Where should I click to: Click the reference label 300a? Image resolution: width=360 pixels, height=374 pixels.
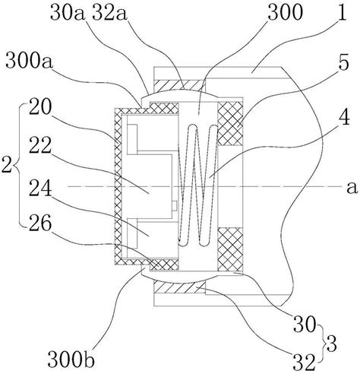[x=30, y=61]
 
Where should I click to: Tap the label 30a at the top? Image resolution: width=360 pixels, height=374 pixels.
[x=67, y=13]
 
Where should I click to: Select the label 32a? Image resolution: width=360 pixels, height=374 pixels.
[x=109, y=13]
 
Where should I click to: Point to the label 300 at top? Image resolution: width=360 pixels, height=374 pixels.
[x=285, y=12]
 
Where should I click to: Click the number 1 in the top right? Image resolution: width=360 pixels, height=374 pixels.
[x=342, y=12]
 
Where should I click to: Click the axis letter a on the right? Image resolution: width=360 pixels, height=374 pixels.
[x=352, y=188]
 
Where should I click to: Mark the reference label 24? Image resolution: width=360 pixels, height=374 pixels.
[x=40, y=188]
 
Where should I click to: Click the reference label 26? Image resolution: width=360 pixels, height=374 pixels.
[x=40, y=222]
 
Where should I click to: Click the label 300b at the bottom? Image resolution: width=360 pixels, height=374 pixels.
[x=71, y=359]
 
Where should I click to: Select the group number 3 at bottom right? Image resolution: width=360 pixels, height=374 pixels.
[x=332, y=344]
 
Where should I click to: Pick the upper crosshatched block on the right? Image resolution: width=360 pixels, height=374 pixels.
[x=230, y=124]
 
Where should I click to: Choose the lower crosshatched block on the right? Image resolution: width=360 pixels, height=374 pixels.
[x=230, y=249]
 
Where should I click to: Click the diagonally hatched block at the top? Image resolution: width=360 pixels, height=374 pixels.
[x=179, y=86]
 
